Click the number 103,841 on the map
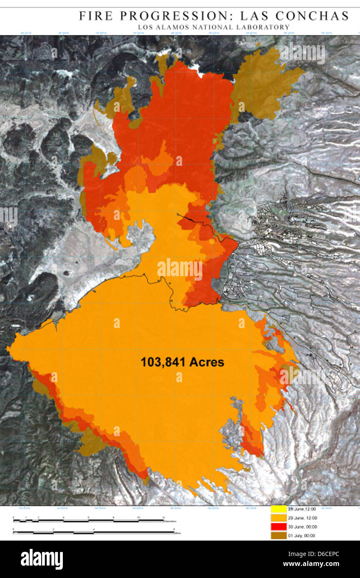[x=163, y=362]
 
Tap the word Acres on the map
[x=206, y=362]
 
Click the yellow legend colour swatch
[x=278, y=509]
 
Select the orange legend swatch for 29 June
[x=278, y=518]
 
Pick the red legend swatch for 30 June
[x=278, y=526]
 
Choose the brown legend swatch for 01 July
[x=278, y=536]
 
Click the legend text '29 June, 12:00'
[x=303, y=518]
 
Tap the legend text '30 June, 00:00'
[x=303, y=527]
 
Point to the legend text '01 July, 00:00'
[x=302, y=536]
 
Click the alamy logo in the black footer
[x=42, y=559]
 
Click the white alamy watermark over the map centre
[x=180, y=268]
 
